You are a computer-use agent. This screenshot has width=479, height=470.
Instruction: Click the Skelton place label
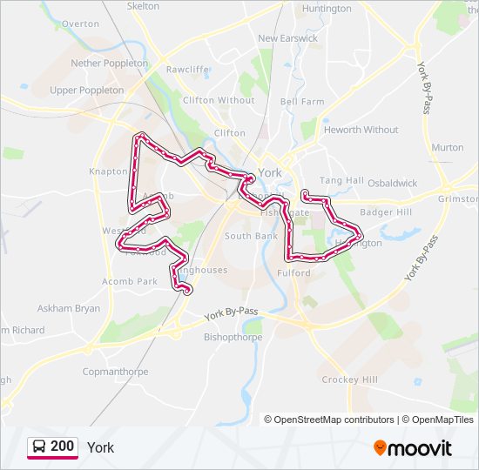click(144, 6)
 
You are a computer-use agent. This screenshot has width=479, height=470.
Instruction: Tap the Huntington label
click(327, 9)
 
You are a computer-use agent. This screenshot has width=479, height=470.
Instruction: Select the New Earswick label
click(287, 38)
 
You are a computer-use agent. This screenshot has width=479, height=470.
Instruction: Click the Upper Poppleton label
click(87, 90)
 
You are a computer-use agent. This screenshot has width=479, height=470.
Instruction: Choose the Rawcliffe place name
click(187, 69)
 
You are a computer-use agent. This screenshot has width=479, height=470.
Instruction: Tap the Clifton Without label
click(219, 100)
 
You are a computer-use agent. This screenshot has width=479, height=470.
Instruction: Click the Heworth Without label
click(361, 130)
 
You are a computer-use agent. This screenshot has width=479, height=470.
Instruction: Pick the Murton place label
click(448, 147)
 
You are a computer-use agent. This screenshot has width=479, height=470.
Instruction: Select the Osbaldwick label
click(392, 184)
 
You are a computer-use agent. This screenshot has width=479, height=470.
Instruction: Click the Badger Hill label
click(386, 211)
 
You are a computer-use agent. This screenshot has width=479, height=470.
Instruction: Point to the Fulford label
click(294, 273)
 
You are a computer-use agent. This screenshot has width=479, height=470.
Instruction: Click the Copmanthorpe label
click(115, 372)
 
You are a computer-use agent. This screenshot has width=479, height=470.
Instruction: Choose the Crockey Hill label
click(350, 380)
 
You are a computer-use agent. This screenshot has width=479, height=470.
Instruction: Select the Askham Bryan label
click(68, 308)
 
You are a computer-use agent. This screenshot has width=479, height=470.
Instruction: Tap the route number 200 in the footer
click(62, 446)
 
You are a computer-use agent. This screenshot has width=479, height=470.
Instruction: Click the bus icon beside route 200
click(38, 447)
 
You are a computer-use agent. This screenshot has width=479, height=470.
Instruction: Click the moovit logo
click(413, 448)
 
